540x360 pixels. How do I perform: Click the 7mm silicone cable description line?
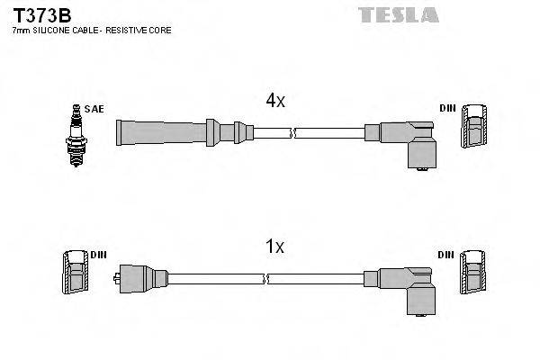tap(91, 31)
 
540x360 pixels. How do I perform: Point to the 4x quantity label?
tap(274, 103)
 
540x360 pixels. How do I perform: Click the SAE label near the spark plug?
tap(95, 109)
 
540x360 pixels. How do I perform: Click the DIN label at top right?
tap(447, 109)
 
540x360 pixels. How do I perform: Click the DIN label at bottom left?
tap(98, 255)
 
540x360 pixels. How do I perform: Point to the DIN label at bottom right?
tap(447, 255)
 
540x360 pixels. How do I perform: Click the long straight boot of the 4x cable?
tap(162, 131)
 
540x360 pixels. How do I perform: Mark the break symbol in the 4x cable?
tap(293, 132)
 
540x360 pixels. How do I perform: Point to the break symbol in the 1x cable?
tap(282, 278)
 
